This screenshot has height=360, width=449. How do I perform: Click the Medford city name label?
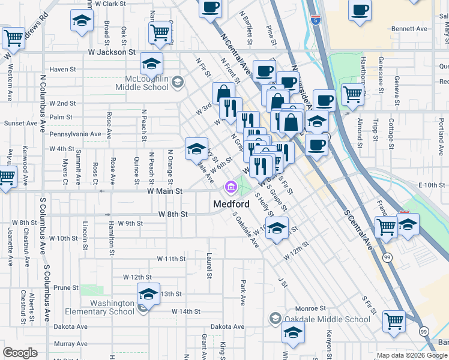pos(231,204)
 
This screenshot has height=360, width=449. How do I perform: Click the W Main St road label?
pos(164,191)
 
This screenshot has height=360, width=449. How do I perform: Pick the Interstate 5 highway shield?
pos(315,20)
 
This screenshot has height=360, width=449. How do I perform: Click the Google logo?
pos(20,353)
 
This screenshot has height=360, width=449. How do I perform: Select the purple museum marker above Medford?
pos(230,188)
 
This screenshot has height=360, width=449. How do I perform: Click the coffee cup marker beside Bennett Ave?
pos(360,10)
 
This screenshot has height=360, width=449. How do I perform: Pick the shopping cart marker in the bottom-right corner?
pos(394,322)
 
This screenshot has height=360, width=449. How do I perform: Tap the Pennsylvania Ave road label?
pos(75,134)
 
